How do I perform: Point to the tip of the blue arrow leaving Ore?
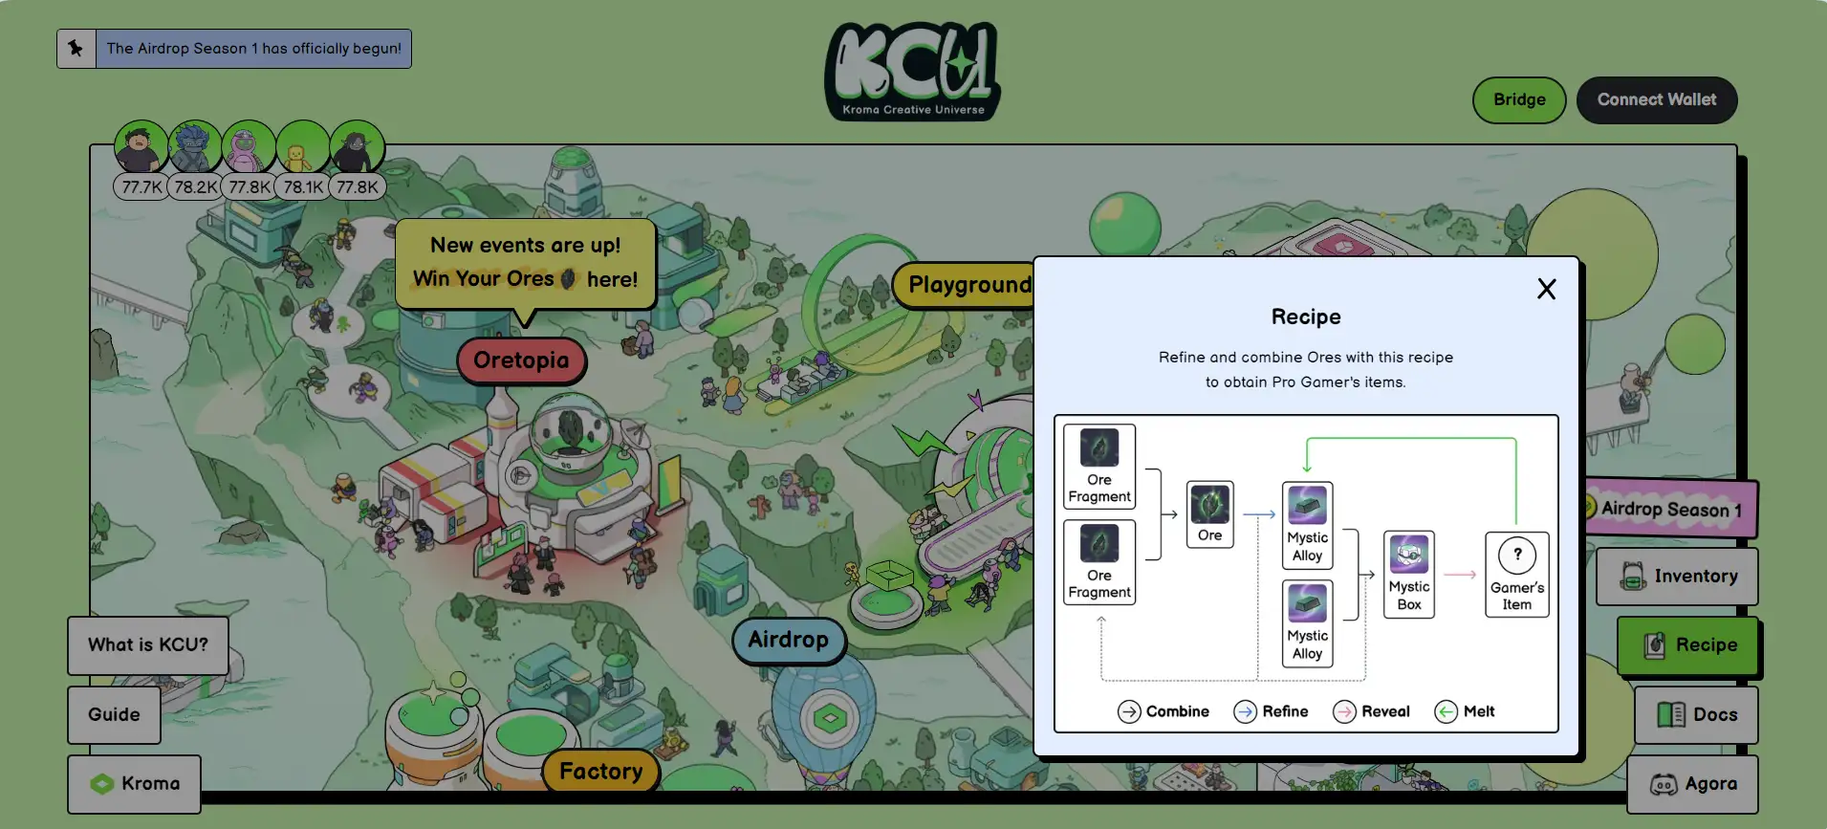tap(1275, 514)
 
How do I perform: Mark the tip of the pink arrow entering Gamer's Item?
tap(1476, 574)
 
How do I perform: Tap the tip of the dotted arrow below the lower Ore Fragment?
tap(1101, 618)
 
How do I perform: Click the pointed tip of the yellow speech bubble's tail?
tap(524, 327)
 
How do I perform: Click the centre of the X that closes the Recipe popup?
tap(1546, 289)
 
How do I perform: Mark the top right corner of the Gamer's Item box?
tap(1549, 533)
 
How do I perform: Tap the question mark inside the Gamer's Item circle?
tap(1517, 554)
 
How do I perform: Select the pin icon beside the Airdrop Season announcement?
tap(76, 48)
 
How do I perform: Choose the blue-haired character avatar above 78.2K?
tap(195, 147)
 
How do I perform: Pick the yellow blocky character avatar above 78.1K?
tap(302, 147)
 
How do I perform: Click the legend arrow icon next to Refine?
tap(1245, 711)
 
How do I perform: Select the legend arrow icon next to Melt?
tap(1446, 711)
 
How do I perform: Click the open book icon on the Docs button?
tap(1671, 714)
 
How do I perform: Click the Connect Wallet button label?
tap(1657, 99)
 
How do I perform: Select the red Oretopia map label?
tap(521, 360)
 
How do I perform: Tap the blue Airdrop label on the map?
tap(789, 640)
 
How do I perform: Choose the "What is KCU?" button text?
tap(148, 644)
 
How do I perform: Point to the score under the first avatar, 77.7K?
tap(141, 187)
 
